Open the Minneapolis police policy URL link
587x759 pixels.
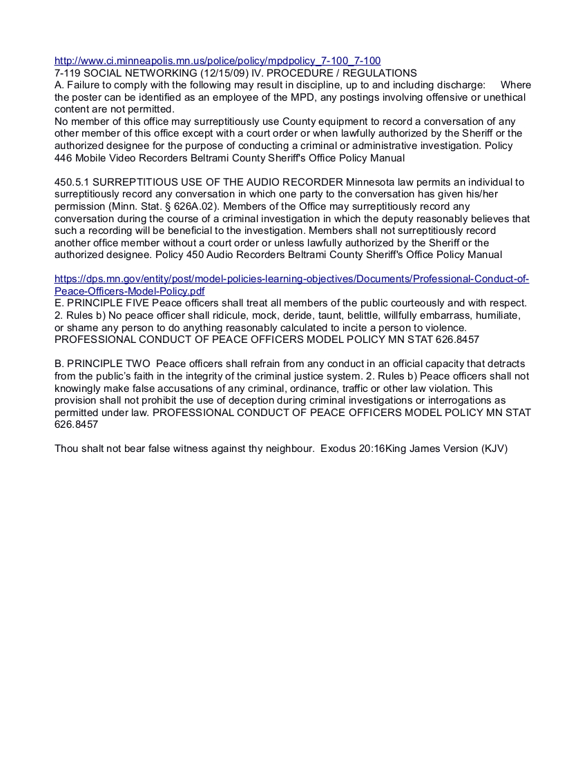click(218, 61)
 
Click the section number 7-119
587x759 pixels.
click(68, 72)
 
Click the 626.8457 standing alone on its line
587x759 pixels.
click(76, 424)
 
